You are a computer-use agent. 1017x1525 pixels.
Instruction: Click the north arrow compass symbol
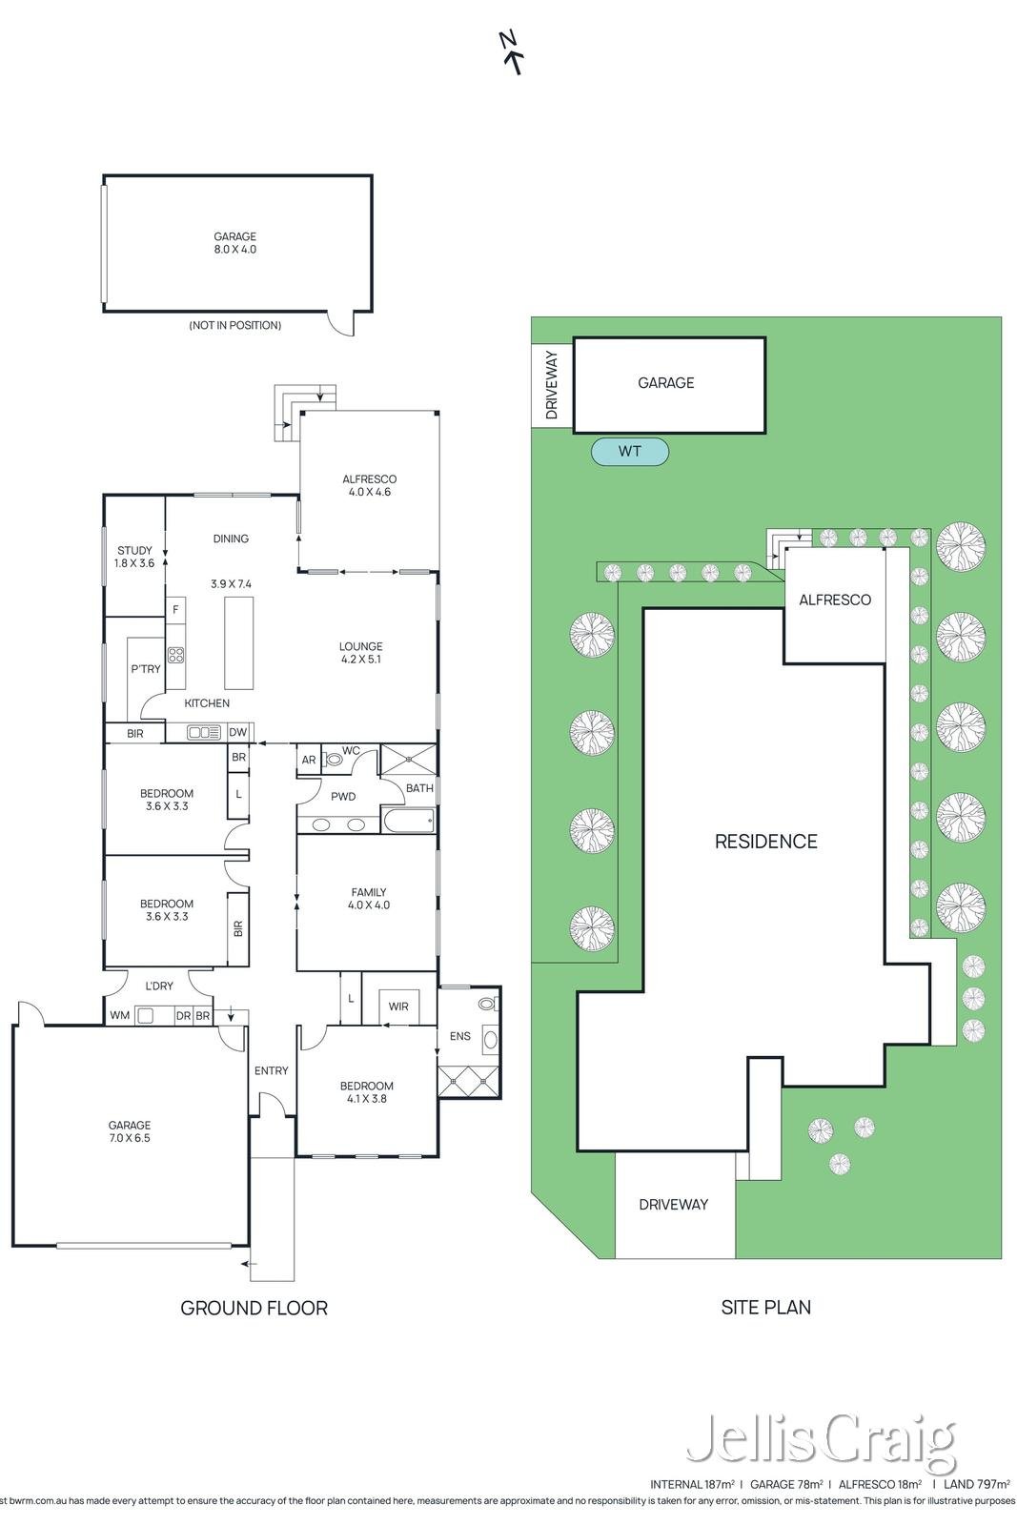coord(511,51)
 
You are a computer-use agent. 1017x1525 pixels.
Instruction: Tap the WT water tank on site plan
coord(630,452)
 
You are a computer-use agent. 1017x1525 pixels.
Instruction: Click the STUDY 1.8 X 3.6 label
coord(134,557)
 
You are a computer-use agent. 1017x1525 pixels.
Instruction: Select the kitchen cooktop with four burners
coord(175,655)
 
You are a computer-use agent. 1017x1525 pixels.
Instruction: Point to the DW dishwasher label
coord(237,733)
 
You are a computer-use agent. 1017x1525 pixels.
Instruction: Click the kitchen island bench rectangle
coord(239,643)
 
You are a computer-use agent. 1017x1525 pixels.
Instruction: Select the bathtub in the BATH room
coord(409,821)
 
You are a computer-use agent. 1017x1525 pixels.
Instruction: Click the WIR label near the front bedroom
coord(398,1006)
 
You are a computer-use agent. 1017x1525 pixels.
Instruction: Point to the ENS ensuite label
coord(460,1036)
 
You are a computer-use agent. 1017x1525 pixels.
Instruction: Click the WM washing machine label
coord(120,1016)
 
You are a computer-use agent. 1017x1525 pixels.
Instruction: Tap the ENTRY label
coord(271,1071)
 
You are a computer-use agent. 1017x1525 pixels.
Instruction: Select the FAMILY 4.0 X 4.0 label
coord(369,899)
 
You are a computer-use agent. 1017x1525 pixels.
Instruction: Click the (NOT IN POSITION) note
coord(234,325)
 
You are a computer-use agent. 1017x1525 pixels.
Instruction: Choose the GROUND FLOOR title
coord(254,1308)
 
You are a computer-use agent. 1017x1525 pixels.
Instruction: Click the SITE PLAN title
coord(765,1307)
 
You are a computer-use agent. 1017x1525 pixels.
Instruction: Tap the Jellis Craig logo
coord(821,1438)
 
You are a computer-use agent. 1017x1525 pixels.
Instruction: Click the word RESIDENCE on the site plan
coord(765,842)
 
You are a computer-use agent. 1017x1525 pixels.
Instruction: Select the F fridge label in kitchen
coord(175,609)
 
